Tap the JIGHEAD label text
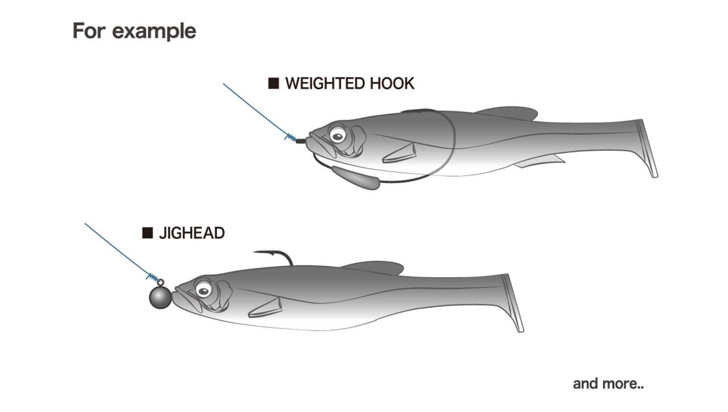click(x=191, y=233)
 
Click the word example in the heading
click(x=154, y=31)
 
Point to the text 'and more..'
click(x=608, y=384)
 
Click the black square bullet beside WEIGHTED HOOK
click(x=273, y=84)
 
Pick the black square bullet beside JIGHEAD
click(x=147, y=233)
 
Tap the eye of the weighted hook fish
click(x=337, y=137)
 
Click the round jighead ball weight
click(x=160, y=297)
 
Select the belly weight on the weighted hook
click(x=355, y=177)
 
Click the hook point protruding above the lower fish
click(x=256, y=252)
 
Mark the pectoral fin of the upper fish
click(x=400, y=153)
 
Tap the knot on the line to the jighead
click(x=153, y=277)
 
